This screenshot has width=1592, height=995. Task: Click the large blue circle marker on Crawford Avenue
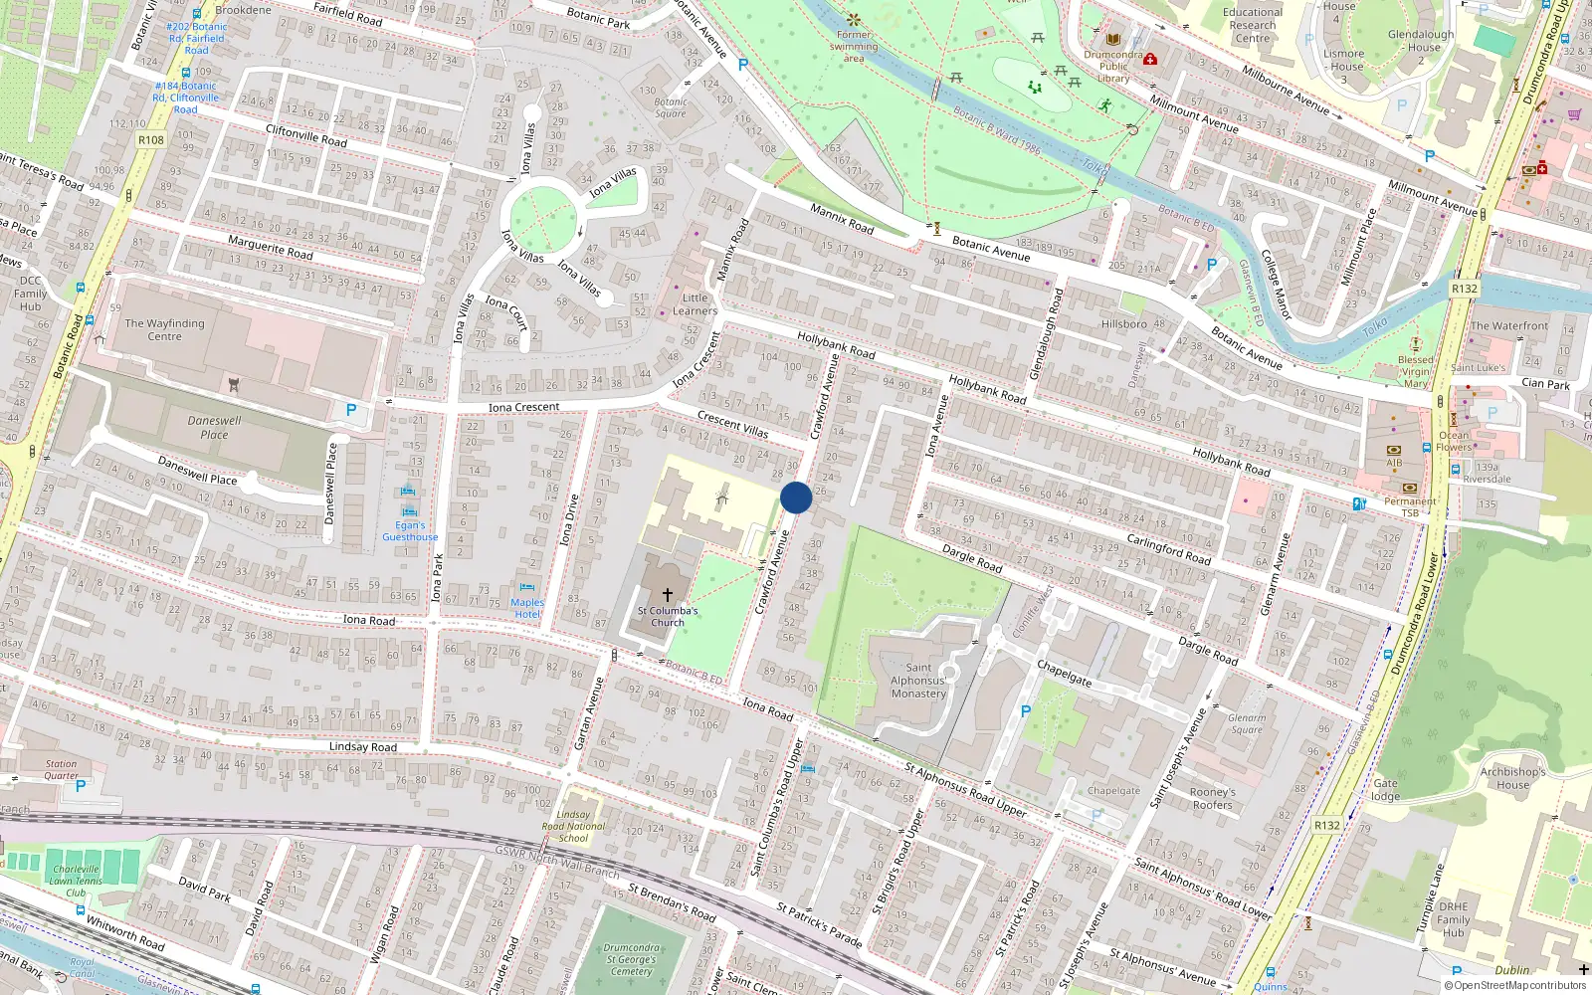(x=796, y=497)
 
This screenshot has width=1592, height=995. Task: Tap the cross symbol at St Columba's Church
(x=668, y=594)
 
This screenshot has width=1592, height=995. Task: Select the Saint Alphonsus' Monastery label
(x=918, y=681)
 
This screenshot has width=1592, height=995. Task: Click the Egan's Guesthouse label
(x=410, y=531)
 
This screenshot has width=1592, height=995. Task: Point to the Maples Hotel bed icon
(x=526, y=587)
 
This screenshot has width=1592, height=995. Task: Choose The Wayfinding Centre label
(x=164, y=329)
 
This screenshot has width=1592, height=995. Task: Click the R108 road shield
(x=151, y=140)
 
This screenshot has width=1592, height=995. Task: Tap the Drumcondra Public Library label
(x=1113, y=67)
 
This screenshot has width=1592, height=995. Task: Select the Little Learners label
(x=695, y=304)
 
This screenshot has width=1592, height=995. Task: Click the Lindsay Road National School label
(x=573, y=826)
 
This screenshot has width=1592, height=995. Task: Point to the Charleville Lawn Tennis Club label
(x=77, y=881)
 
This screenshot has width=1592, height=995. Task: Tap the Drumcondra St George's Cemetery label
(x=631, y=959)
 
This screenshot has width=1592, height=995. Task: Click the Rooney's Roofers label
(x=1212, y=799)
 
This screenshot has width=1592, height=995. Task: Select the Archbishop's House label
(x=1512, y=778)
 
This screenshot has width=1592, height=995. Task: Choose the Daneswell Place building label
(x=214, y=427)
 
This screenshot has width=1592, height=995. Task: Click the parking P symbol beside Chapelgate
(x=1026, y=710)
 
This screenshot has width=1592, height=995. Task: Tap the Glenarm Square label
(x=1247, y=723)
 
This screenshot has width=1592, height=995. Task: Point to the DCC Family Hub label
(x=30, y=294)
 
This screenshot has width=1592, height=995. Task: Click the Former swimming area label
(x=854, y=47)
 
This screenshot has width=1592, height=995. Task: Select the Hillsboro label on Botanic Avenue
(x=1123, y=324)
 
